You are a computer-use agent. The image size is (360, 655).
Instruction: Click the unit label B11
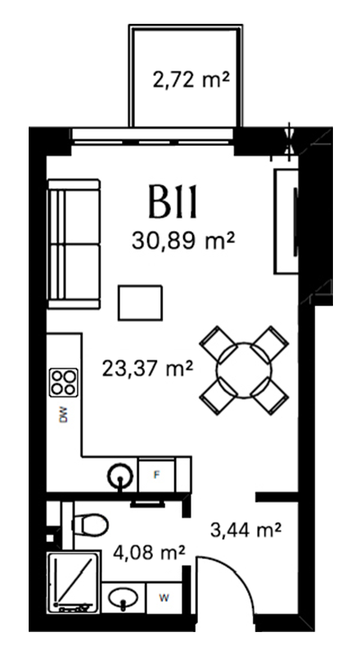pos(172,203)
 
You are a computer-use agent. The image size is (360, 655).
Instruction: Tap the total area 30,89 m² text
pos(182,241)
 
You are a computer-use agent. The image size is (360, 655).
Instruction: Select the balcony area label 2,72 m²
pos(191,79)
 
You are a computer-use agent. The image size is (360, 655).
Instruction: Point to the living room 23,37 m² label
pos(147,369)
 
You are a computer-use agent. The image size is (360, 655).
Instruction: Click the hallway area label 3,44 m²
pos(245,530)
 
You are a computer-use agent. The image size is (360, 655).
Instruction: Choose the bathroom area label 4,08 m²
pos(149,553)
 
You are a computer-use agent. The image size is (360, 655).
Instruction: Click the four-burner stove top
pos(64,382)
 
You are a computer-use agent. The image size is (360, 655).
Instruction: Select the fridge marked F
pos(156,475)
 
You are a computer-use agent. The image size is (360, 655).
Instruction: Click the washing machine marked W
pos(164,599)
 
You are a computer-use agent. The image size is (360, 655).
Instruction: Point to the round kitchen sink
pos(121,476)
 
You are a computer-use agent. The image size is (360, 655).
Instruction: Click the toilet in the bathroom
pos(89,525)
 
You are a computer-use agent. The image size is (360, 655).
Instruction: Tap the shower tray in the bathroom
pos(74,582)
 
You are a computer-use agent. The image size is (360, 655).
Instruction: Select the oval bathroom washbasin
pos(124,599)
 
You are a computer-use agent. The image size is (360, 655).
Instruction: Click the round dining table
pos(244,370)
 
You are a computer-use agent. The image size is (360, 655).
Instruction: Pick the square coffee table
pos(140,303)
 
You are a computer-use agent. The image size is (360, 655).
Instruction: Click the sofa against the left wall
pos(74,244)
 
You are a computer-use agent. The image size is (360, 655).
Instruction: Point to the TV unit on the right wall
pos(286,221)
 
